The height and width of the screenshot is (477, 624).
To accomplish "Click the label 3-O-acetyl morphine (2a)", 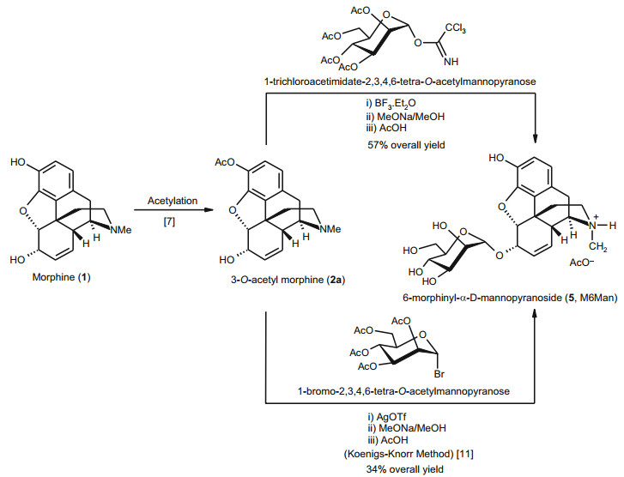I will click(270, 279).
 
